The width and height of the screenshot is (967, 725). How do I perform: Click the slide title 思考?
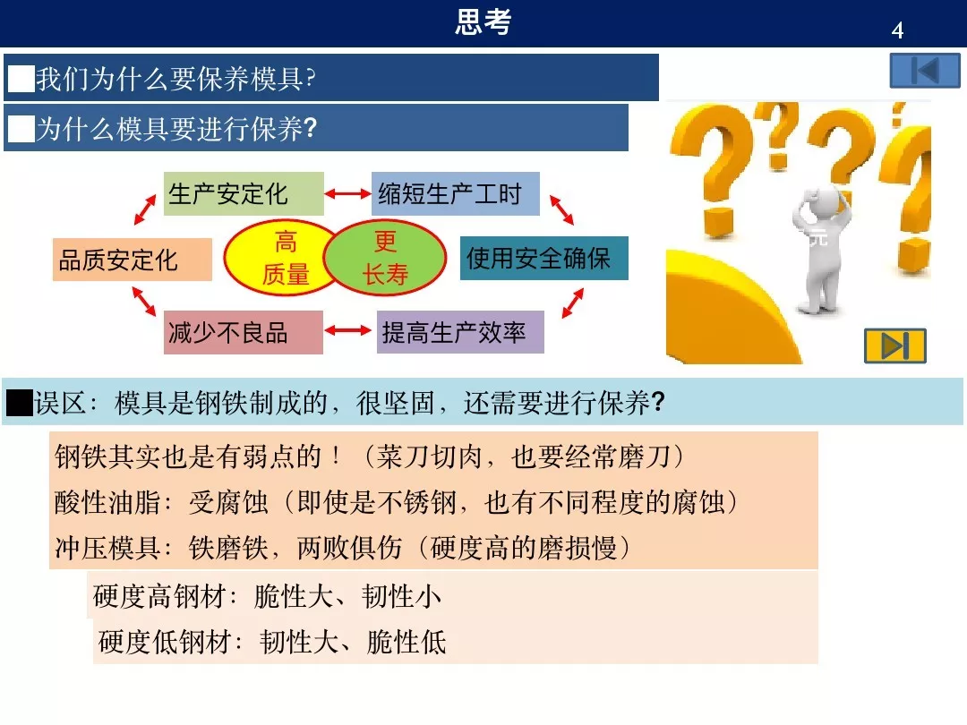[x=483, y=22]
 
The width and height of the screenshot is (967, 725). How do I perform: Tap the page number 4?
[x=897, y=31]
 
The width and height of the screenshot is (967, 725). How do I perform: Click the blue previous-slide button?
[x=925, y=71]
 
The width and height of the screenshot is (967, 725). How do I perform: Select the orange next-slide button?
[x=894, y=345]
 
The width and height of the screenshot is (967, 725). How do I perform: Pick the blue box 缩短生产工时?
[x=455, y=194]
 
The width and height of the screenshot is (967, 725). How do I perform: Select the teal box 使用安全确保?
[x=543, y=259]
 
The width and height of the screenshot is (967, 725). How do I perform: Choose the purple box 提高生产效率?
[x=460, y=333]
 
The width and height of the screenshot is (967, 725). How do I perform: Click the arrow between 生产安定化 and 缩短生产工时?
[x=347, y=194]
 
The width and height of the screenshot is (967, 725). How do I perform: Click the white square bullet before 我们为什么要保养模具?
[x=20, y=80]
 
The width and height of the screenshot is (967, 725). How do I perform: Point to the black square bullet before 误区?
[x=19, y=404]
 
